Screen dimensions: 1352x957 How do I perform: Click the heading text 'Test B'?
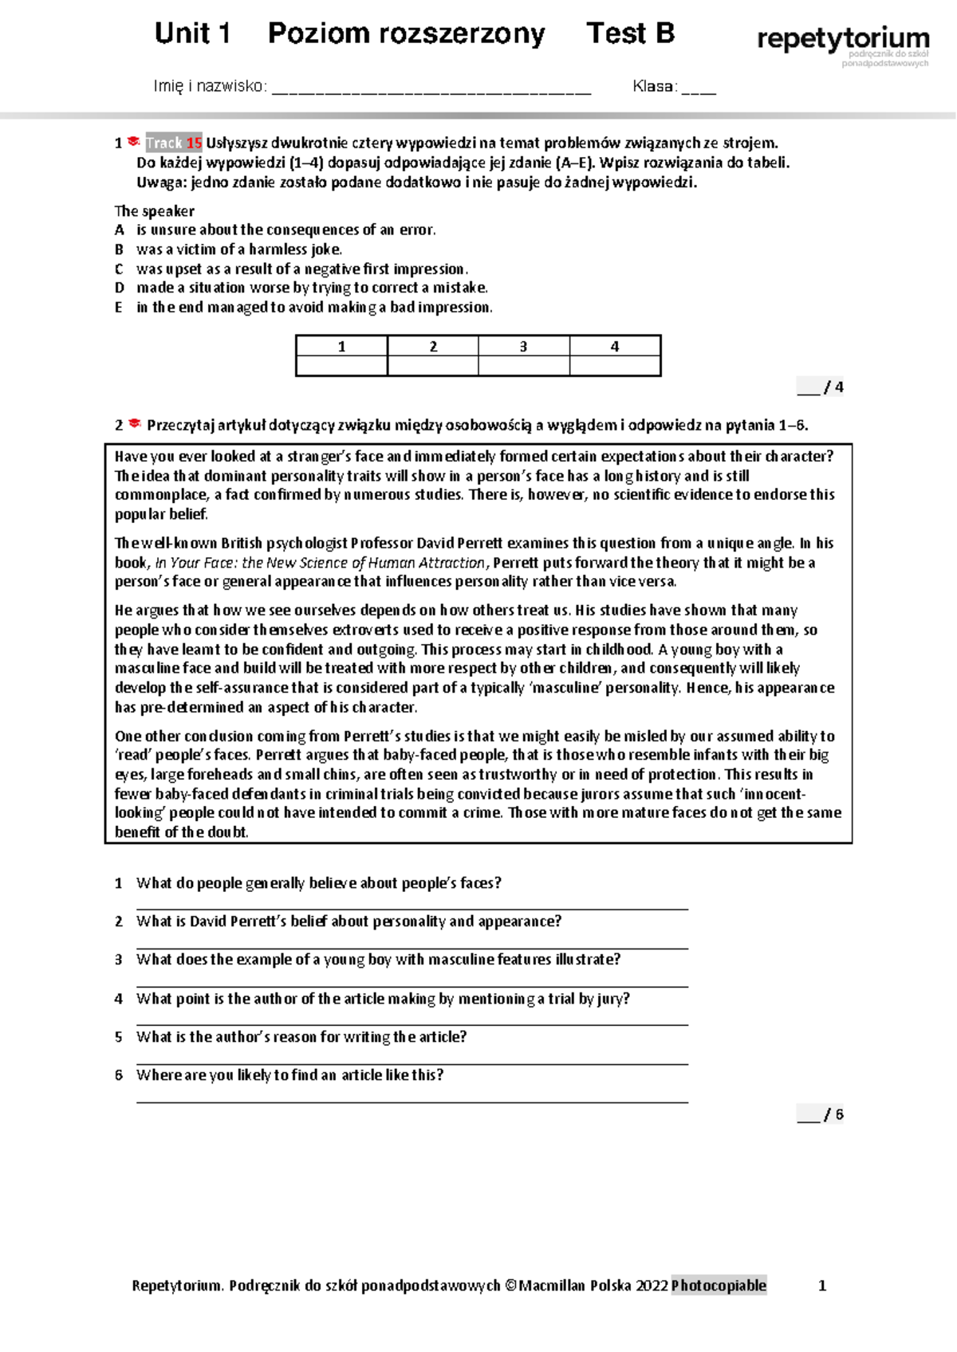click(x=630, y=33)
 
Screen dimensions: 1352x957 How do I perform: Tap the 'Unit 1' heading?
click(x=192, y=33)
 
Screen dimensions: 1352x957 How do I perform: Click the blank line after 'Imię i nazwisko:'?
click(x=431, y=89)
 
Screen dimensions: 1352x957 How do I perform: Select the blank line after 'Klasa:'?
click(x=699, y=89)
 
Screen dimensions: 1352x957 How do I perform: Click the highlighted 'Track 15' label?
click(x=173, y=143)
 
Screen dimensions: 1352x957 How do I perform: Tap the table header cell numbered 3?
click(x=523, y=346)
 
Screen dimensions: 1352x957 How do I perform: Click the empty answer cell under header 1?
click(x=341, y=365)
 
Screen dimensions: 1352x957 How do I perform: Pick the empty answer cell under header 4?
click(x=615, y=365)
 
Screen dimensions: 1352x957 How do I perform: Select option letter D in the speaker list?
click(x=120, y=288)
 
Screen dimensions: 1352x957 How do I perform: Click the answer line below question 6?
click(x=412, y=1101)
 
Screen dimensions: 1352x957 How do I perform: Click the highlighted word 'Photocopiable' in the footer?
click(x=719, y=1285)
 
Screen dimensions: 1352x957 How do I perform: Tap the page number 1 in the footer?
click(x=822, y=1285)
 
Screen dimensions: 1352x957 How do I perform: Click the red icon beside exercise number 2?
click(x=135, y=424)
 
